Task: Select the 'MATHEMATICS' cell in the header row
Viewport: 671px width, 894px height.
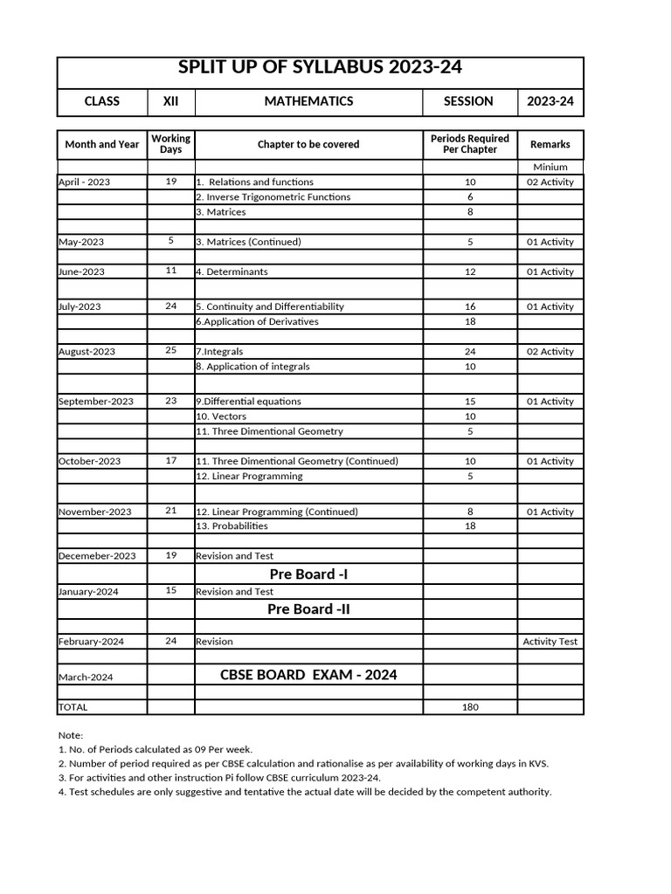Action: coord(308,101)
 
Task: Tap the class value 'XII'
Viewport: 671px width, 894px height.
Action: coord(171,101)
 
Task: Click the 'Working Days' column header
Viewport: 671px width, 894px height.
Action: coord(171,144)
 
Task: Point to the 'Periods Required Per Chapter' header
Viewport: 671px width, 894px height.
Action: coord(470,144)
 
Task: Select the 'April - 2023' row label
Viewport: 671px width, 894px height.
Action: coord(85,182)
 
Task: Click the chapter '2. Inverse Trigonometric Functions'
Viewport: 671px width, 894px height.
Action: coord(273,197)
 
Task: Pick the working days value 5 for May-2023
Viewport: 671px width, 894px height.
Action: coord(171,240)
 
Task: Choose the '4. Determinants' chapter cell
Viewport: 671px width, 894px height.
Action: coord(232,272)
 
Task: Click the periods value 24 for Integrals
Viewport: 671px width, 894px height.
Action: coord(470,352)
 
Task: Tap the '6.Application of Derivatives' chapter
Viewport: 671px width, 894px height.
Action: coord(257,322)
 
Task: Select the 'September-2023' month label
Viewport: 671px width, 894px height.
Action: coord(96,402)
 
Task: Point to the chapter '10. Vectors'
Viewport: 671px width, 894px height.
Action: coord(221,416)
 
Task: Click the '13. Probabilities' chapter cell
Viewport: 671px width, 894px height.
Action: coord(232,526)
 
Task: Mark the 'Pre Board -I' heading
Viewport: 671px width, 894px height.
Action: coord(308,574)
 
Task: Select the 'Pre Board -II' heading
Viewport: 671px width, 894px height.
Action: coord(308,609)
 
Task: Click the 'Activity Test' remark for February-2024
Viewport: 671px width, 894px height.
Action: coord(550,642)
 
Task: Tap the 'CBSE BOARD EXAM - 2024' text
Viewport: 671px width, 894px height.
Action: coord(308,674)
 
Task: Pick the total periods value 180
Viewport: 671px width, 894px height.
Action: coord(470,707)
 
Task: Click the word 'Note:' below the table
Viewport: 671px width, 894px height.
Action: coord(71,736)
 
